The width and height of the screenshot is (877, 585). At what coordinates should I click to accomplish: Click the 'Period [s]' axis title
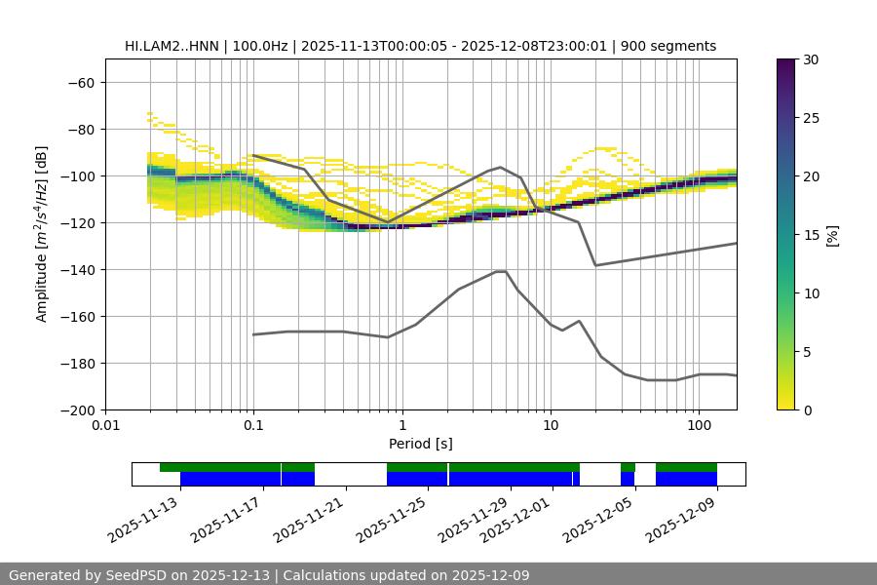420,444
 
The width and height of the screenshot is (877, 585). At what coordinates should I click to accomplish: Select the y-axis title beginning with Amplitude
41,234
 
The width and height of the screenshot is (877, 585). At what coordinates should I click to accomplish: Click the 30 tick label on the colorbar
811,59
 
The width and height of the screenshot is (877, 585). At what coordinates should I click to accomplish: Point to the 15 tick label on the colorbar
811,235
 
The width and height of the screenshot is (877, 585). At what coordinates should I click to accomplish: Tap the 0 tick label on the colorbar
808,410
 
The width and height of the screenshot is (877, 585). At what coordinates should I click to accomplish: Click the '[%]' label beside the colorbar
832,235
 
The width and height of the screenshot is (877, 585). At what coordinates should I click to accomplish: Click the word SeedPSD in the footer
142,575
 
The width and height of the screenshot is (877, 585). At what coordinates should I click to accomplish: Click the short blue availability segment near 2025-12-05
628,479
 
